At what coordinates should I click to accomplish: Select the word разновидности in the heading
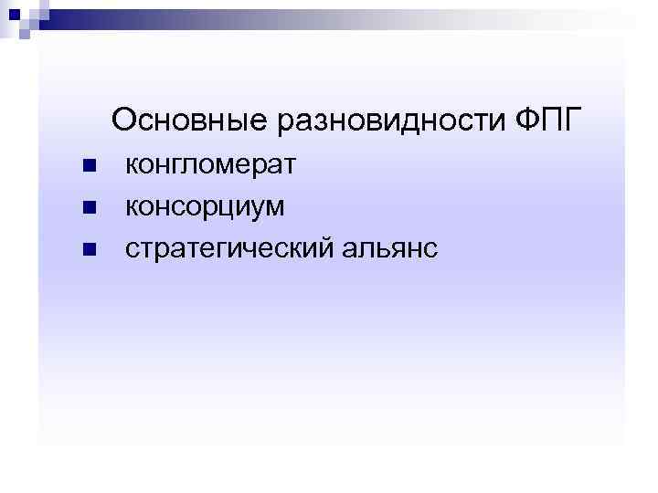[379, 120]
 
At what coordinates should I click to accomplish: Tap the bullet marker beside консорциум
[88, 208]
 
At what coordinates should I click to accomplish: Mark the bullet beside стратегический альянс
[88, 249]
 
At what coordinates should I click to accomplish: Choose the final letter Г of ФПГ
[573, 120]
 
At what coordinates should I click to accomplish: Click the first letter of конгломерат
[131, 167]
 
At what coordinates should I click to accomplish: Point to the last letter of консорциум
[275, 208]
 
